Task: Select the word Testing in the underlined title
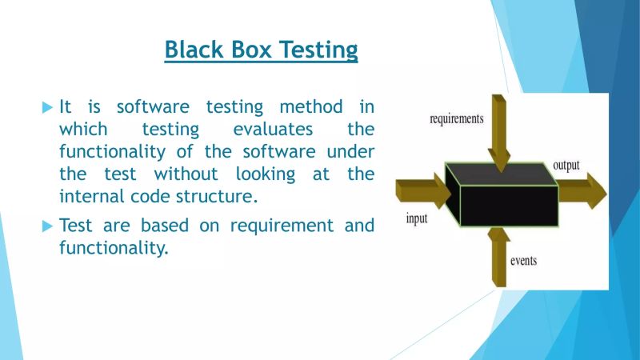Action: (319, 50)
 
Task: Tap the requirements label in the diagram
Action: (456, 119)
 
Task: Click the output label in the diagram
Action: (566, 166)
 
